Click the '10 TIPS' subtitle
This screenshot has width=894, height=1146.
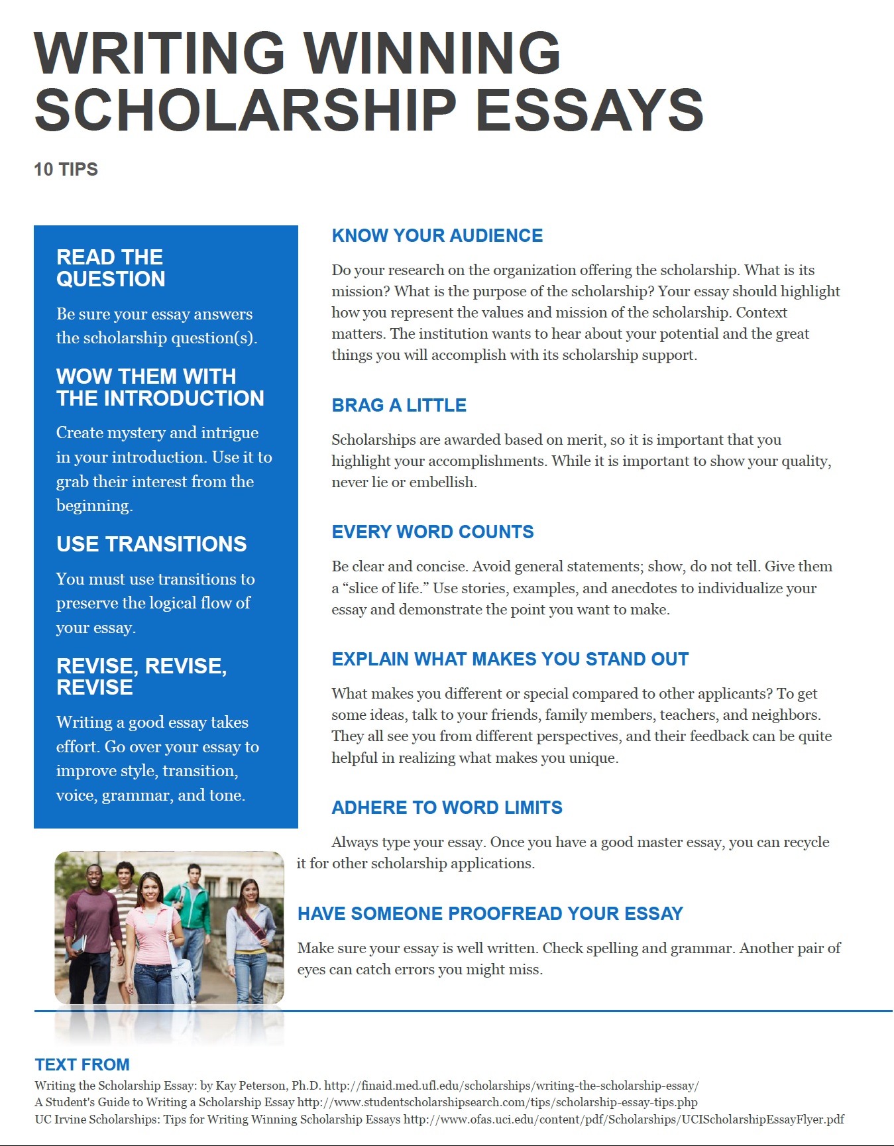click(x=66, y=170)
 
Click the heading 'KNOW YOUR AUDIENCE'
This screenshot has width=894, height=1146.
click(x=437, y=236)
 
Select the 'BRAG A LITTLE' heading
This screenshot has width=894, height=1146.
click(x=399, y=406)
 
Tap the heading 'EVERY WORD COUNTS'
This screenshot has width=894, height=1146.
click(x=432, y=532)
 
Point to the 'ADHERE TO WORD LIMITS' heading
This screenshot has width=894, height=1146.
click(x=447, y=808)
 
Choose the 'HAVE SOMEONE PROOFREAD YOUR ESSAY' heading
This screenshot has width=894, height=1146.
click(x=490, y=914)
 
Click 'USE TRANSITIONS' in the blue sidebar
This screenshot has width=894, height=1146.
click(x=151, y=544)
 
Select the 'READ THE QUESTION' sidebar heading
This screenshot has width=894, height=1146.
click(x=110, y=268)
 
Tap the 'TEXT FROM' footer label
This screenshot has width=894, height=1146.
click(x=82, y=1065)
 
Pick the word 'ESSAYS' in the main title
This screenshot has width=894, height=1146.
click(x=589, y=111)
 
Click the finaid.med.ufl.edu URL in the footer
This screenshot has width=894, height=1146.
click(x=511, y=1086)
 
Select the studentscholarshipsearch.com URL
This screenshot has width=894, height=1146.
click(x=497, y=1102)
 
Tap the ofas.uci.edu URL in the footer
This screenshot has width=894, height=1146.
click(x=624, y=1119)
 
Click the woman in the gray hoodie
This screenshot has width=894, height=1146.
click(x=250, y=935)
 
